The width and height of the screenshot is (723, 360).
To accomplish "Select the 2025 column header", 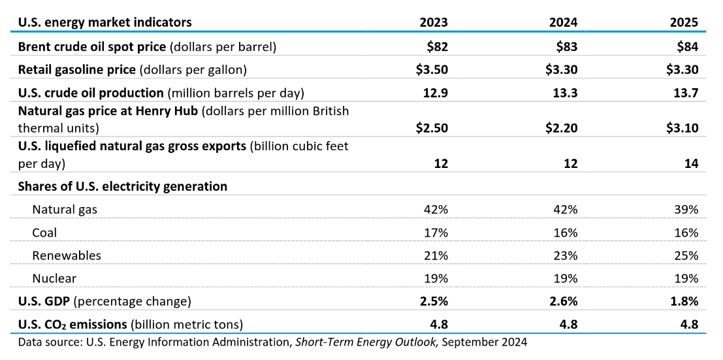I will click(684, 22).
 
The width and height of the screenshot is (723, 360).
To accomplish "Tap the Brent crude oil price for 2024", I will click(565, 46).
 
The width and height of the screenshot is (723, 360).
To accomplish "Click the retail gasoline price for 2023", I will click(432, 69).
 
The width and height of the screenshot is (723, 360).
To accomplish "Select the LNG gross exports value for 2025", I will click(691, 163).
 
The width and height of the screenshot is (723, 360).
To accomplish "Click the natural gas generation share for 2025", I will click(687, 210).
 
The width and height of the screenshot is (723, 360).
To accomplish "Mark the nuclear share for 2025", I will click(687, 278).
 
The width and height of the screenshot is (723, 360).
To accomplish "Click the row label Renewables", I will click(67, 255).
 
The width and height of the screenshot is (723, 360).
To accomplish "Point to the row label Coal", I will click(44, 233).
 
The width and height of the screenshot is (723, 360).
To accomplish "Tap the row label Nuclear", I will click(54, 278).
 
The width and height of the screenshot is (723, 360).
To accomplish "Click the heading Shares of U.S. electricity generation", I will click(123, 186).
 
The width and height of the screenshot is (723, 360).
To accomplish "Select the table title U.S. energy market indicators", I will click(105, 22).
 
